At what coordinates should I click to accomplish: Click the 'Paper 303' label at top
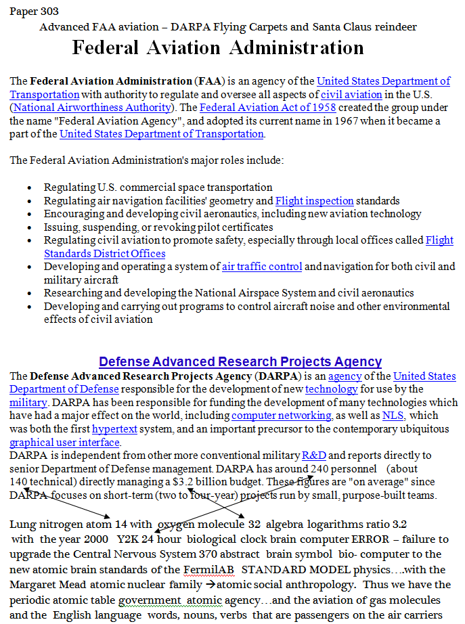pos(34,12)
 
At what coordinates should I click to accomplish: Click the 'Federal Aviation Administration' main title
pos(218,48)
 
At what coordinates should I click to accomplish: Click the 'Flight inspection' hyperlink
pos(314,201)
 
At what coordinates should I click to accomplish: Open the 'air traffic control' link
pos(262,267)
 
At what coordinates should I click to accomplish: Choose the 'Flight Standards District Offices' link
pos(104,254)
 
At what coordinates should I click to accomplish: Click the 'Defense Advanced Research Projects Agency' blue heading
pos(240,362)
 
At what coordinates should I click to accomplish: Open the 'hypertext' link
pos(112,429)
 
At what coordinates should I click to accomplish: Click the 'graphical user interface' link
pos(64,443)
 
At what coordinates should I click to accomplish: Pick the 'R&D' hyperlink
pos(313,455)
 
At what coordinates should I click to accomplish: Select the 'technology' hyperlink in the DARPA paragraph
pos(332,389)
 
